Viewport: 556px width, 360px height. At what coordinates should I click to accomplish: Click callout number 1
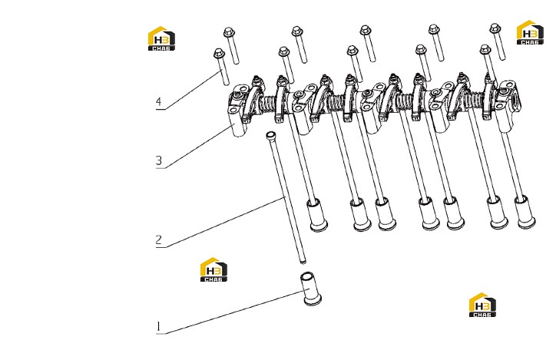tap(158, 326)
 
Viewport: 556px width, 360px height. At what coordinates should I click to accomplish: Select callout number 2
tap(159, 240)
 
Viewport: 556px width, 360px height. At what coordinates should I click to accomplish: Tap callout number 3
tap(159, 160)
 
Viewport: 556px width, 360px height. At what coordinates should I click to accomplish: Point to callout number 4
tap(158, 101)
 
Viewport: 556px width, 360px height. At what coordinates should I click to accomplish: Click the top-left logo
tap(161, 38)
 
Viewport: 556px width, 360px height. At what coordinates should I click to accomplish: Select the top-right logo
tap(530, 32)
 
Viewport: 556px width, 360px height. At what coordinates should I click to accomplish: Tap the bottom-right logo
tap(482, 305)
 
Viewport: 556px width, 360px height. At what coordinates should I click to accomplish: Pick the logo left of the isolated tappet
tap(213, 269)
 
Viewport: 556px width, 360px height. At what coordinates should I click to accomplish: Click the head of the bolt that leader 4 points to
tap(219, 53)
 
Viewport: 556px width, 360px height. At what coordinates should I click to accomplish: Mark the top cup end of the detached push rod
tap(270, 134)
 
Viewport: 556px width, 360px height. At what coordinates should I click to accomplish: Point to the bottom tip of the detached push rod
tap(303, 263)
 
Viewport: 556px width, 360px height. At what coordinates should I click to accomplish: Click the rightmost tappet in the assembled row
tap(525, 212)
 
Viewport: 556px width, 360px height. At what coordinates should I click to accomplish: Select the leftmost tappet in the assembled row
tap(316, 215)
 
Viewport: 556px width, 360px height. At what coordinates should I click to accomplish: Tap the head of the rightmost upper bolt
tap(495, 28)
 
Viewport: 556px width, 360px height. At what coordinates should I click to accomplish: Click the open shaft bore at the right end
tap(515, 97)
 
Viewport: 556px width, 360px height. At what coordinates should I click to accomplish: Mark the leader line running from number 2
tap(224, 222)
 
